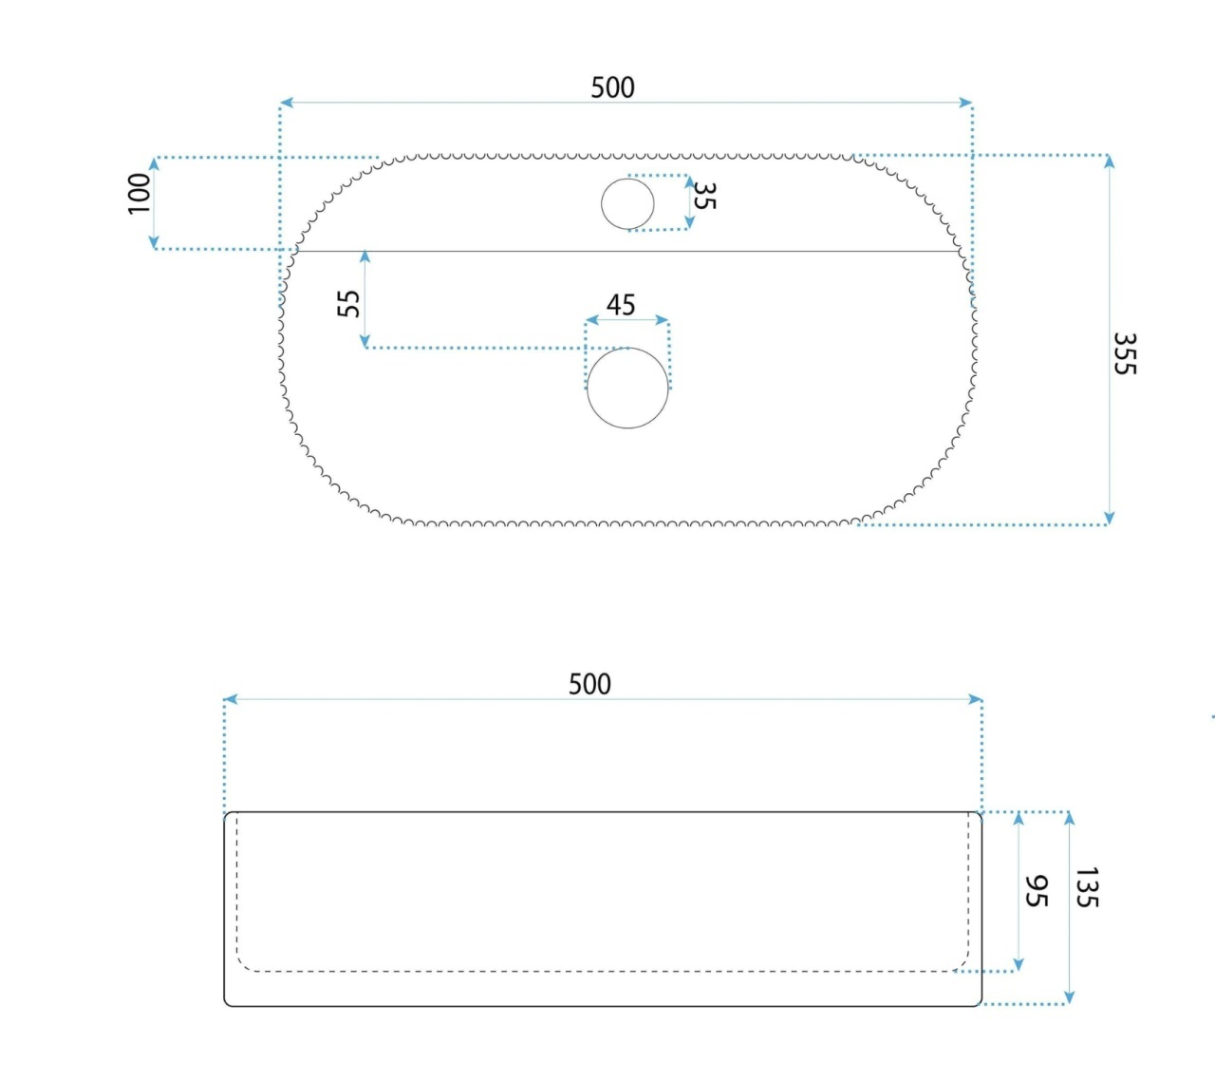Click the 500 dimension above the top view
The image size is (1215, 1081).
[x=612, y=87]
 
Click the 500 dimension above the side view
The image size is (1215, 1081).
[x=589, y=684]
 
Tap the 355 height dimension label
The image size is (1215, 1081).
[x=1125, y=353]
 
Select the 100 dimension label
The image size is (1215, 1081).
[x=140, y=193]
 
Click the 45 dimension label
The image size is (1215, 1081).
[x=621, y=305]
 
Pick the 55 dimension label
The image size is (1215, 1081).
[x=348, y=304]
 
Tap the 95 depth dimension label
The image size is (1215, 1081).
[x=1036, y=891]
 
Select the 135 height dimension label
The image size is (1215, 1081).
[x=1086, y=887]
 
